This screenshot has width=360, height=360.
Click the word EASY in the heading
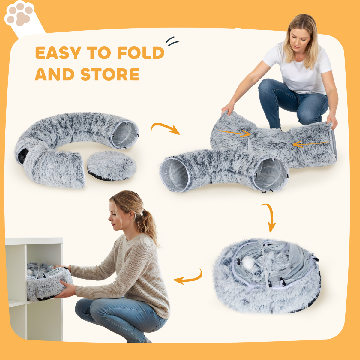coord(58,53)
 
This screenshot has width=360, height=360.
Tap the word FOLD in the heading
coord(140,53)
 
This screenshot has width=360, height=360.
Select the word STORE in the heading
coord(110,75)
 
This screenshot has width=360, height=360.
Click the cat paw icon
coord(20,15)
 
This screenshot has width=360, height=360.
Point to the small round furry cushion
coord(111,165)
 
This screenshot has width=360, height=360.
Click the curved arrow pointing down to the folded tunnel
coord(269,217)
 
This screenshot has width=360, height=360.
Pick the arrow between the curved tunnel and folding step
coord(165,128)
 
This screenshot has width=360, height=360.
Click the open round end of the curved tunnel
coord(125,134)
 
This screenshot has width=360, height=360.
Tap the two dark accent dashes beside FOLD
coord(172,41)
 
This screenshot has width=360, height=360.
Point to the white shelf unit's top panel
coord(34,241)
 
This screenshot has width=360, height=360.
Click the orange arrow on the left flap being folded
coord(235,133)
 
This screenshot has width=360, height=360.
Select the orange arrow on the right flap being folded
coord(310,144)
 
